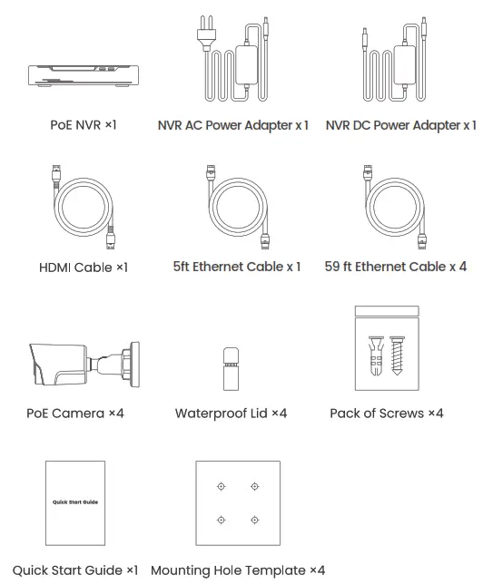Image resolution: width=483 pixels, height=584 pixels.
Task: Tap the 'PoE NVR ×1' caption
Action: tap(83, 124)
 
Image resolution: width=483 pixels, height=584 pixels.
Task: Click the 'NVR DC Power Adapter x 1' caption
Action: tap(400, 125)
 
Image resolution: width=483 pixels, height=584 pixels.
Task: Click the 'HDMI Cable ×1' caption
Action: tap(84, 268)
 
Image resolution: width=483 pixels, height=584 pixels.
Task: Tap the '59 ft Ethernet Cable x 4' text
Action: tap(395, 267)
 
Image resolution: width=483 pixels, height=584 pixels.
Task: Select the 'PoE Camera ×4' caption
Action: tap(75, 414)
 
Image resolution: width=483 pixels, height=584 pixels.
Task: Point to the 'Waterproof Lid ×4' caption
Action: tap(231, 414)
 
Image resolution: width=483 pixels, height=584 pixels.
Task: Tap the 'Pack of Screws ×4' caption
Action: tap(386, 414)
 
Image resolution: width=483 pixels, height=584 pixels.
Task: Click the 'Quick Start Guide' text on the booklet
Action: tap(75, 501)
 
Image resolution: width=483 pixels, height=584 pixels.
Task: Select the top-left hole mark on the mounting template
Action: tap(220, 487)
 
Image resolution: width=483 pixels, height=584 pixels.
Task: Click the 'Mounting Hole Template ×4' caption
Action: tap(238, 570)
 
